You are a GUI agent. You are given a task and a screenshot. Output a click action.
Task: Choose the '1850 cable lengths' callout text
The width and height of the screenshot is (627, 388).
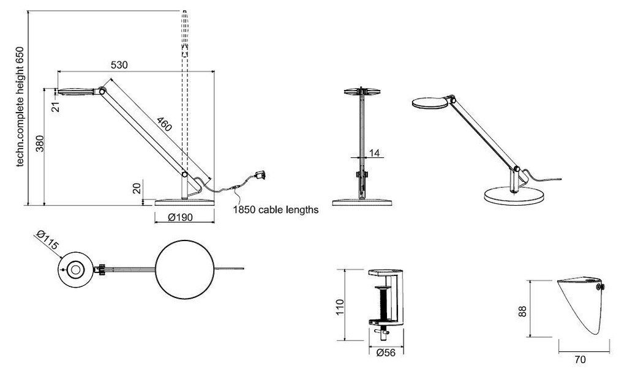click(x=276, y=210)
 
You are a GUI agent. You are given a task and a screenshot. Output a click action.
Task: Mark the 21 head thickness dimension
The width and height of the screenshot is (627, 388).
click(x=55, y=107)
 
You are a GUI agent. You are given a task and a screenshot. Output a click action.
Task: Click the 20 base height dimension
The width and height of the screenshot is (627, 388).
click(x=137, y=188)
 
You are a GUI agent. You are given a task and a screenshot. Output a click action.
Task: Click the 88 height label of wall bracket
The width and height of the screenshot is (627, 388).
click(x=521, y=311)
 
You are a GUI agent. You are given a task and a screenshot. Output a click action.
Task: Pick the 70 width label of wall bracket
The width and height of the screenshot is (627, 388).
click(x=579, y=360)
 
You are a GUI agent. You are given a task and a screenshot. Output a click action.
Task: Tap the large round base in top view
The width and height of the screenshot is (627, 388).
click(x=185, y=269)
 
